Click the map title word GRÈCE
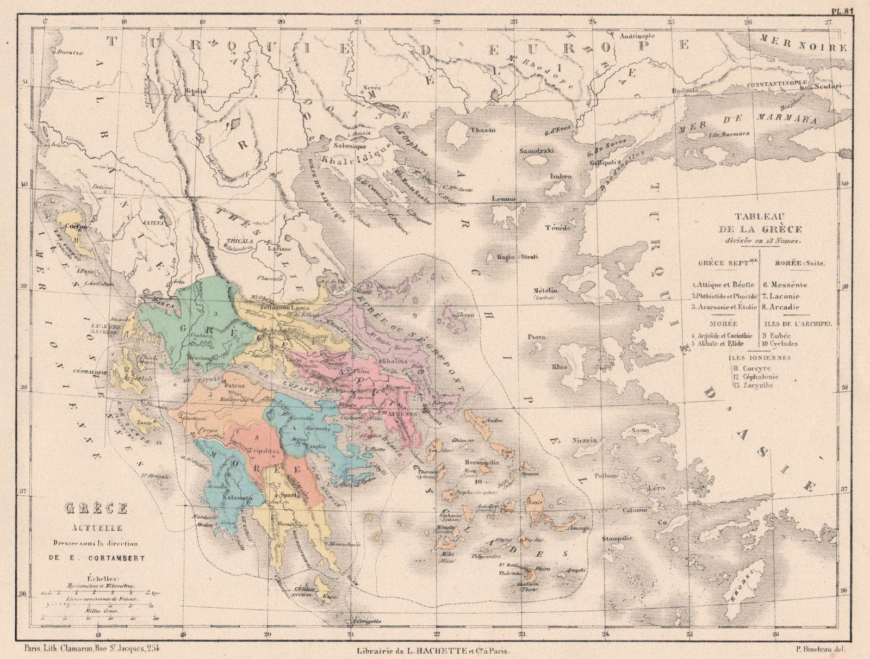(x=96, y=509)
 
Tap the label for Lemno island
(x=504, y=199)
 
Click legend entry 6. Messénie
(x=786, y=284)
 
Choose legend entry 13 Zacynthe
(x=754, y=385)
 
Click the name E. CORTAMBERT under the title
(x=96, y=557)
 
